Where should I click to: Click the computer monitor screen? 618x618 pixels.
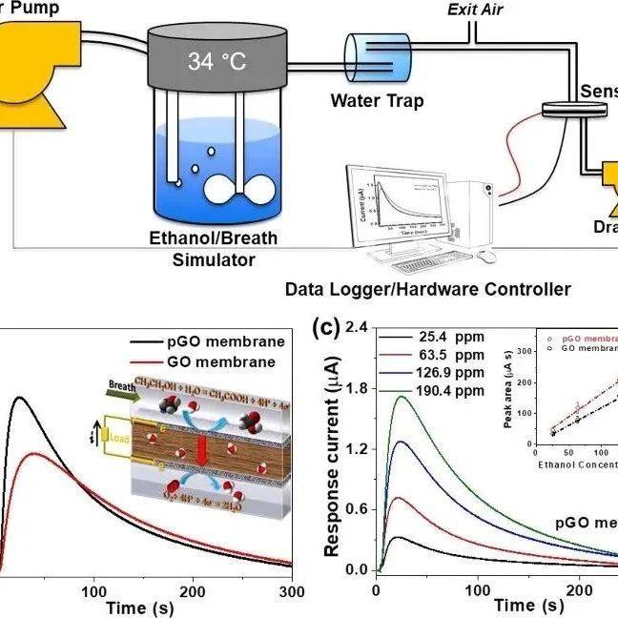[398, 199]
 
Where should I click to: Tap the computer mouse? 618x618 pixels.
[486, 255]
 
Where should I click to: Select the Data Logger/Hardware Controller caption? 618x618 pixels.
[428, 288]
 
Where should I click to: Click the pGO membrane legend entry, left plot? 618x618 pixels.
[223, 342]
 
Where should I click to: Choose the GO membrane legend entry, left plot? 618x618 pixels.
[229, 362]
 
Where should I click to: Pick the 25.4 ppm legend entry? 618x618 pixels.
[448, 337]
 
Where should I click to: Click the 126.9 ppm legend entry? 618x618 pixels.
[448, 372]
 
